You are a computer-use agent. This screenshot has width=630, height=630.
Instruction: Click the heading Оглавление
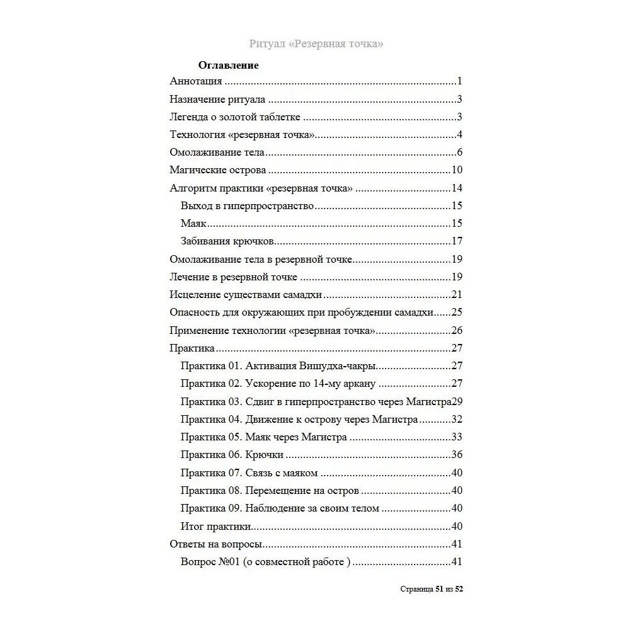tap(228, 65)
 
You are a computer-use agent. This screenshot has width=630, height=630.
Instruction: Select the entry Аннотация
tap(196, 81)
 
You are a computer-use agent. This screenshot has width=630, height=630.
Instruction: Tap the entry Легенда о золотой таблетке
tap(235, 117)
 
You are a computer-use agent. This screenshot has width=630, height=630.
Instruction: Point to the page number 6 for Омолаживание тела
tap(460, 152)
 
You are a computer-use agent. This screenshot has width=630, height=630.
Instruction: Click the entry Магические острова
tap(218, 170)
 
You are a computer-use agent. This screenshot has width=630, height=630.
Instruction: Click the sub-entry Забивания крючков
tap(227, 241)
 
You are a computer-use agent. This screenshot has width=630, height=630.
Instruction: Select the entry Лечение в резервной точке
tap(234, 277)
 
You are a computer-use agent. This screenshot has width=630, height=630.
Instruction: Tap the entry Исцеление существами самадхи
tap(246, 294)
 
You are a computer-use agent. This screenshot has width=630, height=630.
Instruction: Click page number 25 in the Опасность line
tap(457, 312)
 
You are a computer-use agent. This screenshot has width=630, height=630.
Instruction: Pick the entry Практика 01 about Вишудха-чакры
tap(278, 366)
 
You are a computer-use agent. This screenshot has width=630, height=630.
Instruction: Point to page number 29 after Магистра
tap(458, 401)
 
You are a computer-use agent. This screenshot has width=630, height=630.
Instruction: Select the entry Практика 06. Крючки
tap(232, 455)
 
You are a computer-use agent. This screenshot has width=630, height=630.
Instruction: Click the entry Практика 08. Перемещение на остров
tap(270, 491)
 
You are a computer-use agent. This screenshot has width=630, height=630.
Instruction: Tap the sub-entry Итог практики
tap(216, 527)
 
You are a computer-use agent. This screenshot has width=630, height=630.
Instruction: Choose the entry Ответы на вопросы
tap(216, 544)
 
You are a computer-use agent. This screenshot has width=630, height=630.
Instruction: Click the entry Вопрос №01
tap(265, 563)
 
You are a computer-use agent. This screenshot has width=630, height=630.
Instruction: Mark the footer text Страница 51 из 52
tap(432, 589)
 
